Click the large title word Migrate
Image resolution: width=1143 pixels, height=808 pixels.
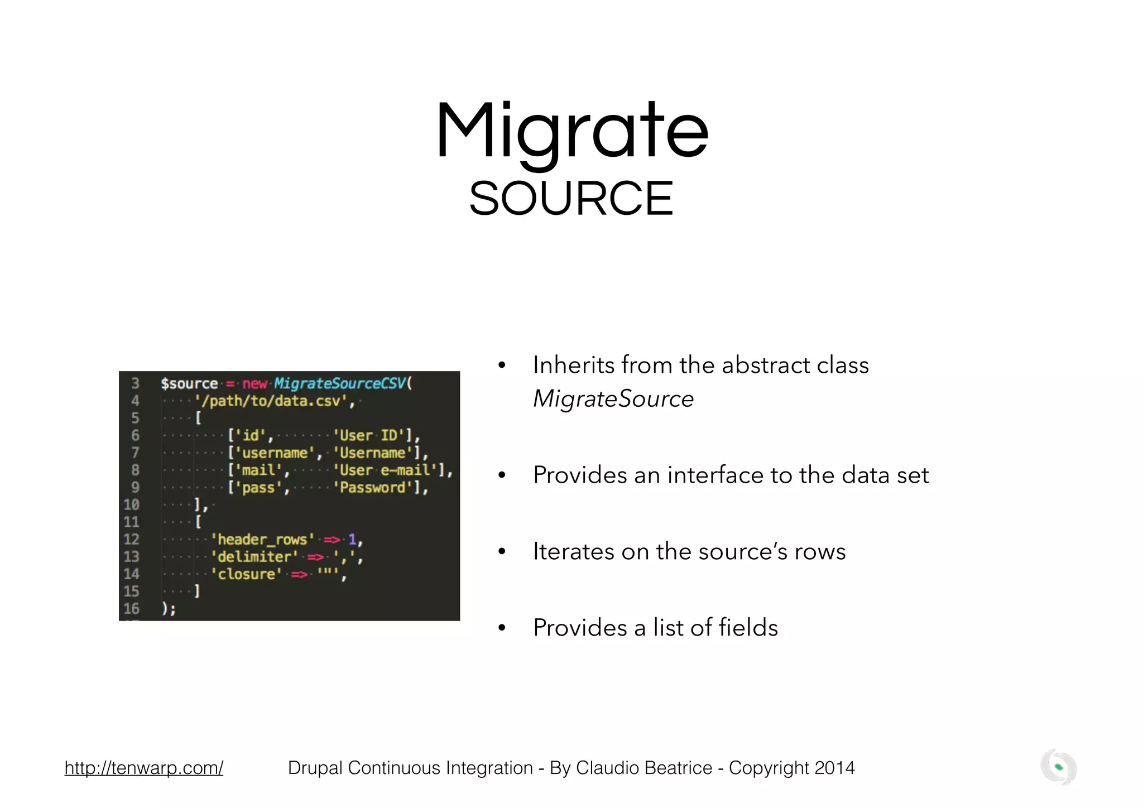571,131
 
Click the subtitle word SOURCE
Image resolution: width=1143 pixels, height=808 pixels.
571,199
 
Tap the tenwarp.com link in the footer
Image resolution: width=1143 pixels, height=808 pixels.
143,768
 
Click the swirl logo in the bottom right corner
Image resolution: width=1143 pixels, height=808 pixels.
1058,767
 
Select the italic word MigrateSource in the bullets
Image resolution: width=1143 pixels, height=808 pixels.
613,399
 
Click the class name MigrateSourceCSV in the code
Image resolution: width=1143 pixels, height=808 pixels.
340,384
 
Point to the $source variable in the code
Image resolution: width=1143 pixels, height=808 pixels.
189,384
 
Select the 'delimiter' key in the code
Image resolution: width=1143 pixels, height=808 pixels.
254,557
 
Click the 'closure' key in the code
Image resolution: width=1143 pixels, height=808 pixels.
246,574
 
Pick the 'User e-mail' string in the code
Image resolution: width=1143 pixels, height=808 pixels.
385,470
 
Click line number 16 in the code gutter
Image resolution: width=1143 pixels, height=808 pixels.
131,609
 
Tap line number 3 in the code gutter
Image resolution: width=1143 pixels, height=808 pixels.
135,384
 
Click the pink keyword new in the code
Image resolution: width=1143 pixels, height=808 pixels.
254,384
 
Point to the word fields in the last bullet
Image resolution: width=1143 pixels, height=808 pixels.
748,628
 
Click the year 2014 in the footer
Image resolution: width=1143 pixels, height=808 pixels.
834,768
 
